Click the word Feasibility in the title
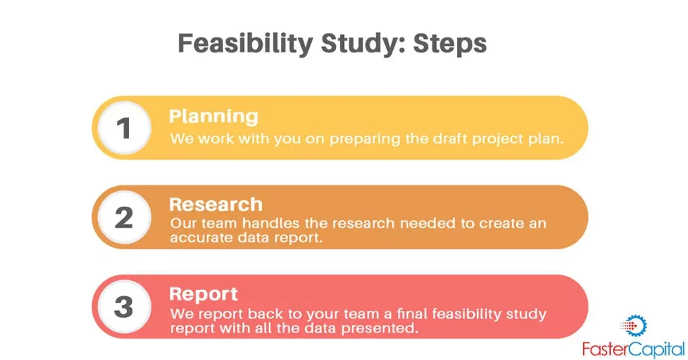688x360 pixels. tap(245, 44)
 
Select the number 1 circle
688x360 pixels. tap(124, 128)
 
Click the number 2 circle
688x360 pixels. tap(124, 218)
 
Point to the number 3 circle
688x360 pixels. tap(124, 306)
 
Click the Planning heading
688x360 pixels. tap(214, 117)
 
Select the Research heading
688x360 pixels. tap(216, 204)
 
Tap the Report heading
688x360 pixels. tap(204, 294)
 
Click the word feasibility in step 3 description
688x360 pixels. tap(466, 314)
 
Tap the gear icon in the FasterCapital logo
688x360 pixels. tap(634, 326)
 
